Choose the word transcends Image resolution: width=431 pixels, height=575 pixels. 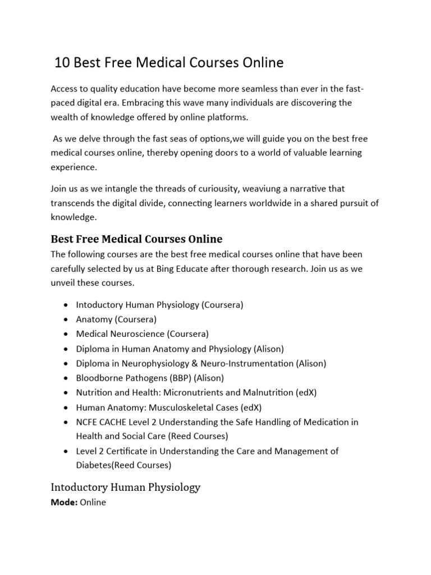75,203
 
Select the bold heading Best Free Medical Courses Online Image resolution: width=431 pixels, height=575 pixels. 136,239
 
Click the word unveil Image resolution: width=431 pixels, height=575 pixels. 63,282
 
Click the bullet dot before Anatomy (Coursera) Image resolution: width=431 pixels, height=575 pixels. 67,320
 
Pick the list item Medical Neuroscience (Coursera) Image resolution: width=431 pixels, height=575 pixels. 142,334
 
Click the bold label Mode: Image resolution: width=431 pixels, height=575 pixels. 64,502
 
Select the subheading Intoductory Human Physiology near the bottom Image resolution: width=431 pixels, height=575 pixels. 125,487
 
